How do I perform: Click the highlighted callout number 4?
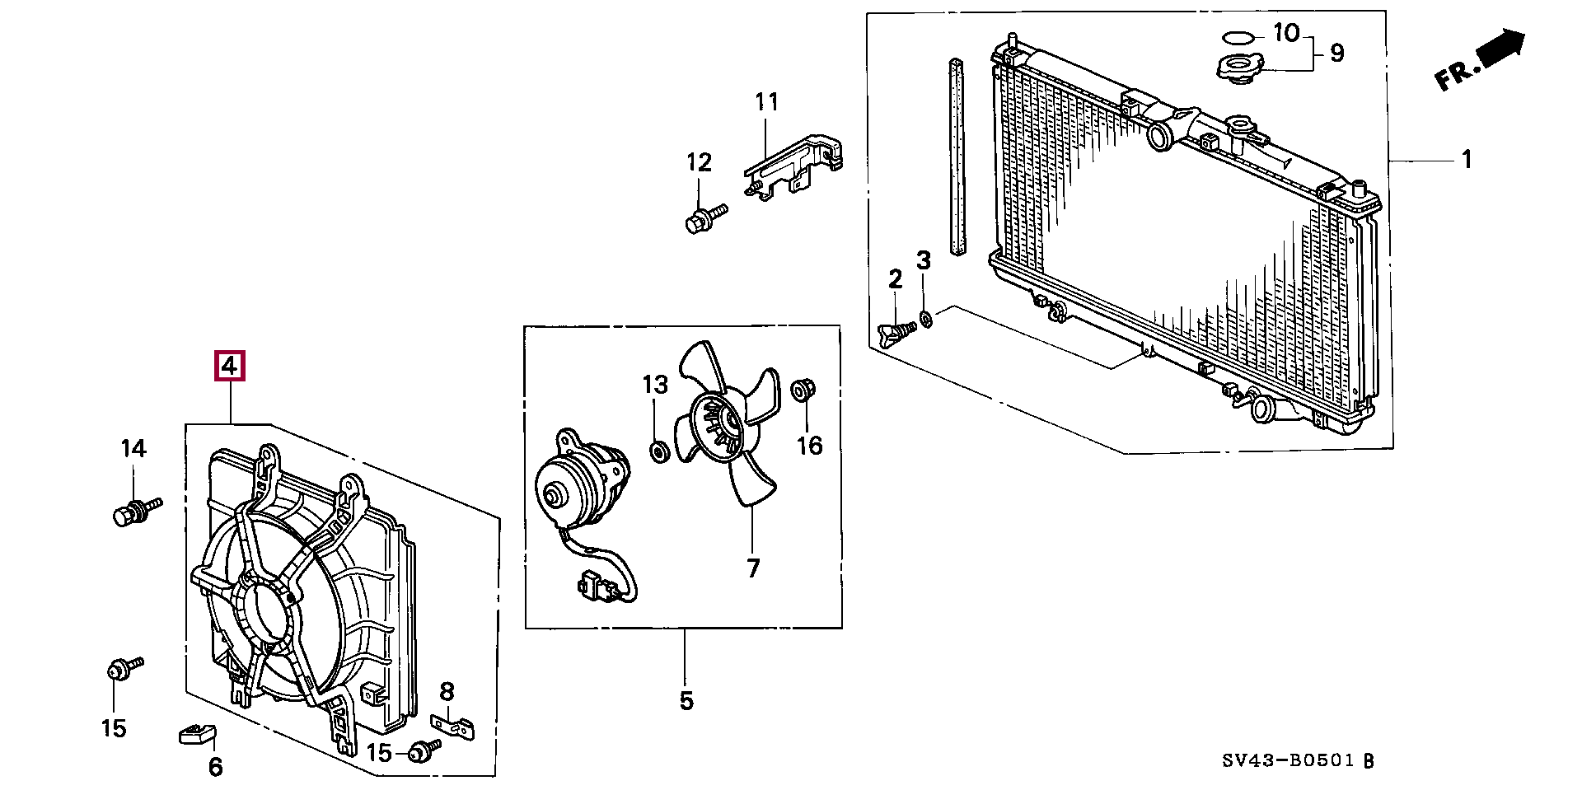tap(230, 365)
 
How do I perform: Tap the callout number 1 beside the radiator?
tap(1467, 159)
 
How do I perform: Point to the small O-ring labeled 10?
tap(1238, 36)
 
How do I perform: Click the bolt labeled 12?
tap(705, 217)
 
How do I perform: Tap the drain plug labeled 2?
tap(897, 332)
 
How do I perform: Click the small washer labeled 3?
tap(925, 319)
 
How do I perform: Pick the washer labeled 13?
tap(658, 451)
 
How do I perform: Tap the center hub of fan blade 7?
tap(713, 423)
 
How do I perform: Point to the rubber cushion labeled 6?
tap(197, 732)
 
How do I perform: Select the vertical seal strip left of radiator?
tap(956, 157)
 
